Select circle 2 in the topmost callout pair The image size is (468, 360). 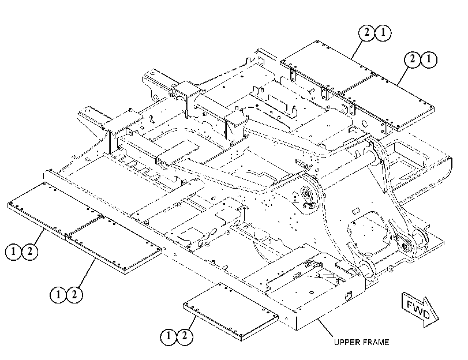click(367, 32)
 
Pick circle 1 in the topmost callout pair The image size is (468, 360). click(383, 32)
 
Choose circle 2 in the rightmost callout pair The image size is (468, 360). click(413, 59)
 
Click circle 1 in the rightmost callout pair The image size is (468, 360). click(429, 59)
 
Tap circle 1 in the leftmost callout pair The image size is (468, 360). click(13, 252)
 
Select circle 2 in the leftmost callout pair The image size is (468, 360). click(30, 252)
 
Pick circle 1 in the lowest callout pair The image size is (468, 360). click(169, 337)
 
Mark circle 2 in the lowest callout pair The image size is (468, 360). click(185, 337)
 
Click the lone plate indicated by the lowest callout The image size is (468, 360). click(230, 312)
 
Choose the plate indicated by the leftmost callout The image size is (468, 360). click(55, 211)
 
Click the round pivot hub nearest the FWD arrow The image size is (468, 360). click(405, 245)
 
